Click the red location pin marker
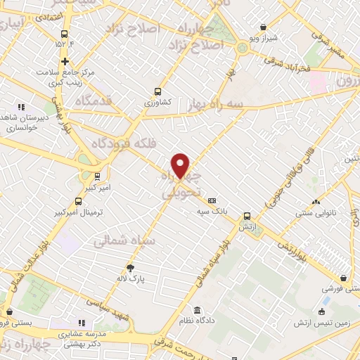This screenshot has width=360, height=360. click(181, 165)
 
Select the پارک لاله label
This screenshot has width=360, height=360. click(129, 278)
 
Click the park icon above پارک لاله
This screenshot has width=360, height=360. click(129, 268)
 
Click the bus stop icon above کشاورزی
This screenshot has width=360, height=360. click(157, 91)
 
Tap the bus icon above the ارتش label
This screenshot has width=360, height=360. click(246, 216)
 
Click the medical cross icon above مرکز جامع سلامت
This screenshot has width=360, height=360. click(65, 62)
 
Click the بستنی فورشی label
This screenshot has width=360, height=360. click(340, 289)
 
